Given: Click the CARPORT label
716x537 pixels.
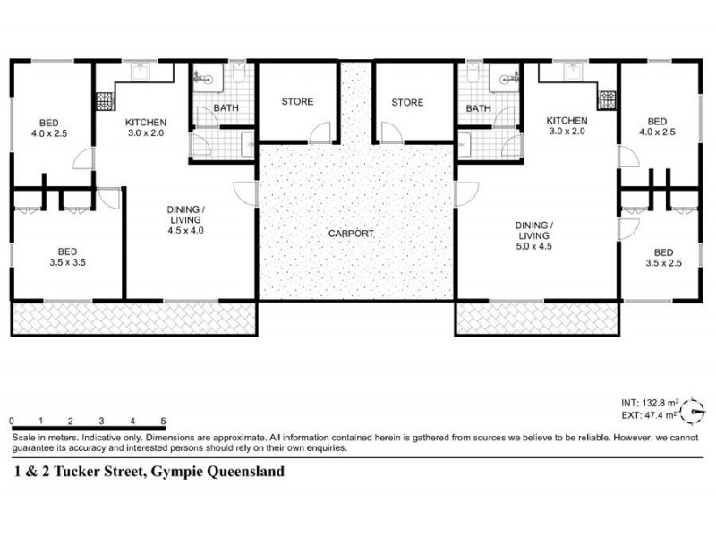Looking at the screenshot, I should click(351, 234).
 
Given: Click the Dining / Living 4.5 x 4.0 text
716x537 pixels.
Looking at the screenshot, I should click(185, 219).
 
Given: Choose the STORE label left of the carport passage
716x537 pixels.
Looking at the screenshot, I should click(297, 102).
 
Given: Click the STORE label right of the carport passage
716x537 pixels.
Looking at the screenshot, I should click(407, 102).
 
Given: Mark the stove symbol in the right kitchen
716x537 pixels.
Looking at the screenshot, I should click(608, 96).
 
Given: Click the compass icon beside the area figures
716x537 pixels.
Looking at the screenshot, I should click(692, 411).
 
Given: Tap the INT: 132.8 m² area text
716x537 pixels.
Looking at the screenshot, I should click(649, 404).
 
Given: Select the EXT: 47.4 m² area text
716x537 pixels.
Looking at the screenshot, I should click(649, 417).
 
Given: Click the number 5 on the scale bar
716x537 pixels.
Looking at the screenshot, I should click(163, 420).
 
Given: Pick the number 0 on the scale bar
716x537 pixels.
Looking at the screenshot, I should click(12, 420).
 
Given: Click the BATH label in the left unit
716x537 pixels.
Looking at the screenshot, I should click(226, 109).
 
